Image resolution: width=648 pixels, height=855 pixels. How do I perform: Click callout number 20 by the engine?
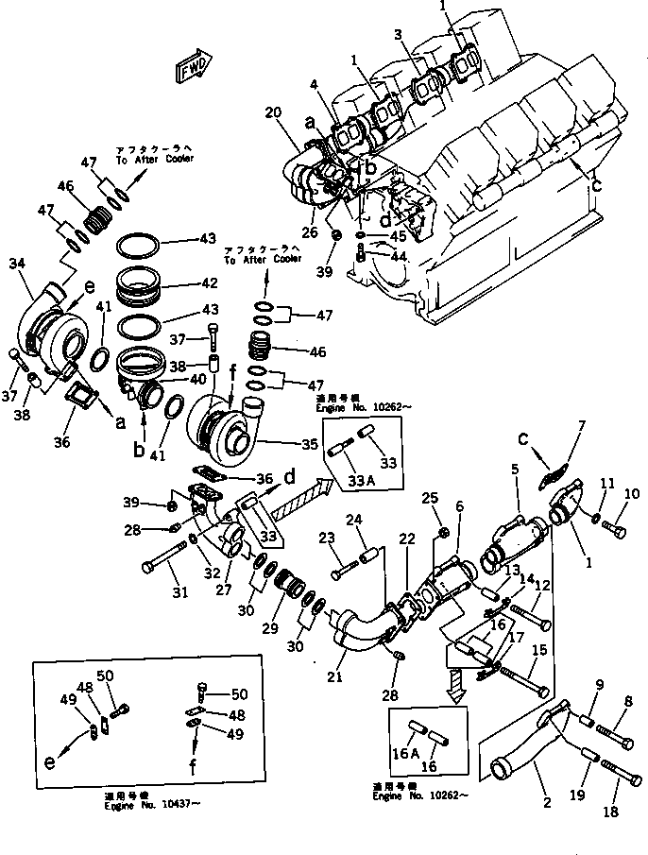[x=274, y=112]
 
